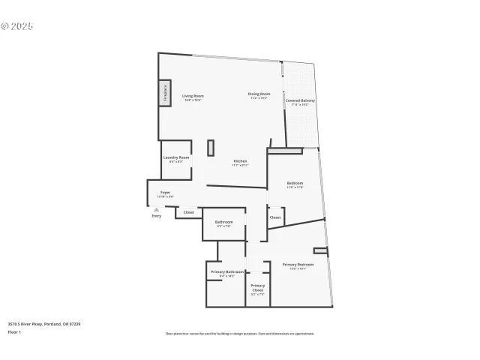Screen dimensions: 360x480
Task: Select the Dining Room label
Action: tap(259, 95)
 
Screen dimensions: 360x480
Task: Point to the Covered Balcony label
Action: tap(300, 101)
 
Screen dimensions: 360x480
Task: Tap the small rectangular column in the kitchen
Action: tap(211, 147)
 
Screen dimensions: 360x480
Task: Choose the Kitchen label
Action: tap(240, 162)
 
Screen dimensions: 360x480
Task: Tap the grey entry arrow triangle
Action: tap(156, 209)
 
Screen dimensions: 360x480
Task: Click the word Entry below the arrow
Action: tap(156, 216)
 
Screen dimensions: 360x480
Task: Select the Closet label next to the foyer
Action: tap(188, 213)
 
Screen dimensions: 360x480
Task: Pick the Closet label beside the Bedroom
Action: tap(275, 217)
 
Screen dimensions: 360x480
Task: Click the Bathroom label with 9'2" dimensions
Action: tap(223, 223)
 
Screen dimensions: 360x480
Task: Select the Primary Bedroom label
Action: tap(298, 265)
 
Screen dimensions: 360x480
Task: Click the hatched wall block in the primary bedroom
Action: tap(321, 250)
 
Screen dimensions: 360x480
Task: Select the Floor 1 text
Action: tap(14, 331)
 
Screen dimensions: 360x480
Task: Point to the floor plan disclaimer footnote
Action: tap(239, 334)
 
